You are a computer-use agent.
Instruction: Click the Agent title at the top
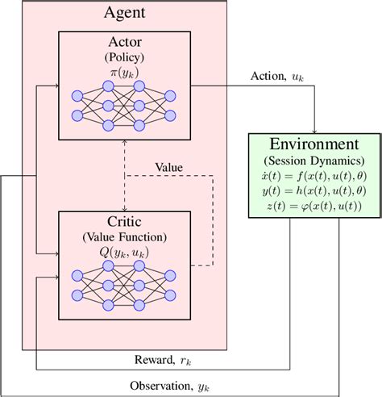(124, 14)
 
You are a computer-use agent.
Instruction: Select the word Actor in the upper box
(124, 43)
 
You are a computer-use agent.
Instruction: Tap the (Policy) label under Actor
(124, 57)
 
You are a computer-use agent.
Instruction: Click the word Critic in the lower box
(124, 220)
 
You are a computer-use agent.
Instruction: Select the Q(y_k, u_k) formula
(124, 251)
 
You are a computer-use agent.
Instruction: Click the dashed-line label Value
(168, 168)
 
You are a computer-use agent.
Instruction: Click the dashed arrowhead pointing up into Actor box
(124, 144)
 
